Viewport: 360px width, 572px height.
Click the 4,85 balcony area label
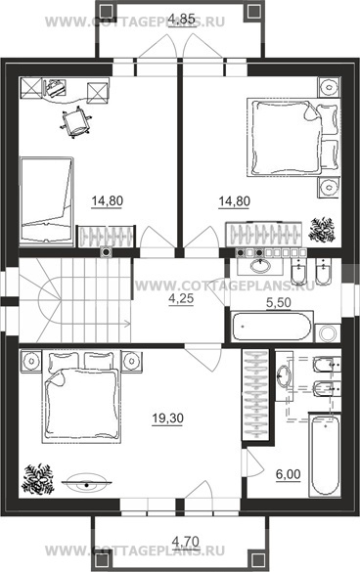183,19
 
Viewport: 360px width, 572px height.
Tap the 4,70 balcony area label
186,540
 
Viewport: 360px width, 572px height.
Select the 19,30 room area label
167,418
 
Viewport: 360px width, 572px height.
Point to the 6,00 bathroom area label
288,474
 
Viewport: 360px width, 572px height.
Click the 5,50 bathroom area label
279,303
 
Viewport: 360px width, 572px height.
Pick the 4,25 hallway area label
181,299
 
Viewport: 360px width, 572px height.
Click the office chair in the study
76,122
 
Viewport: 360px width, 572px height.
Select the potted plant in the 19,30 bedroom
37,478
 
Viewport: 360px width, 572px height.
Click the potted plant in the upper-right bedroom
322,230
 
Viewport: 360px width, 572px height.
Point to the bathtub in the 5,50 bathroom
272,326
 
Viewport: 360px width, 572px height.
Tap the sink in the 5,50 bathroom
260,265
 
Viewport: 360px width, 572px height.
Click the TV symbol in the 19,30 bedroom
86,483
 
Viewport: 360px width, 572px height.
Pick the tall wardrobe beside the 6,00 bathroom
255,393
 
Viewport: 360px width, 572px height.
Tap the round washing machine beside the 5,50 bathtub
328,332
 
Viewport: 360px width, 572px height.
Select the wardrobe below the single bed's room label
106,236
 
